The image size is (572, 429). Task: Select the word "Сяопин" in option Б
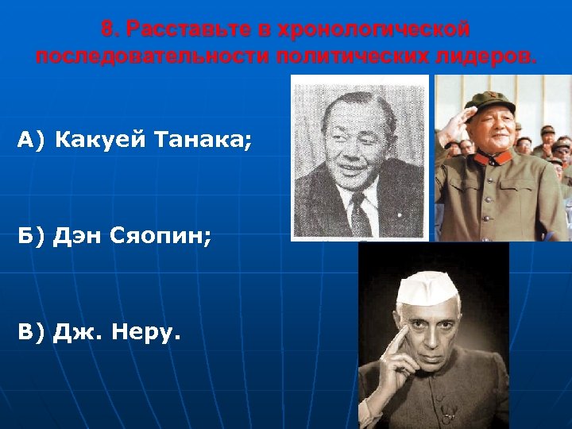point(164,236)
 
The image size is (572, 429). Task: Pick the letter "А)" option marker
point(30,141)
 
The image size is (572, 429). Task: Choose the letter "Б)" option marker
point(30,236)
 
